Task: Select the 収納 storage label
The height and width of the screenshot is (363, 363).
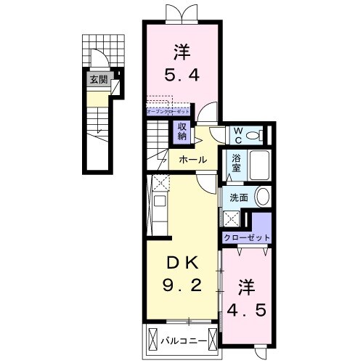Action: (181, 131)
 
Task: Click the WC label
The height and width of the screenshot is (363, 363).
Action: (237, 134)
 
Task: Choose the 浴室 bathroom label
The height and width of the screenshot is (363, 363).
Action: (237, 164)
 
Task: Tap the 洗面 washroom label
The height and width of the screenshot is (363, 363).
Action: (240, 197)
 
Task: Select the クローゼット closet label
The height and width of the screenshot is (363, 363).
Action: (247, 237)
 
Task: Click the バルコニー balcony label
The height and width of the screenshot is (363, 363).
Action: (181, 338)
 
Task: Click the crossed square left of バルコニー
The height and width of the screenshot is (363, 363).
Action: (152, 338)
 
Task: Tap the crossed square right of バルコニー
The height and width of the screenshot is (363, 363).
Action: (211, 338)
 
